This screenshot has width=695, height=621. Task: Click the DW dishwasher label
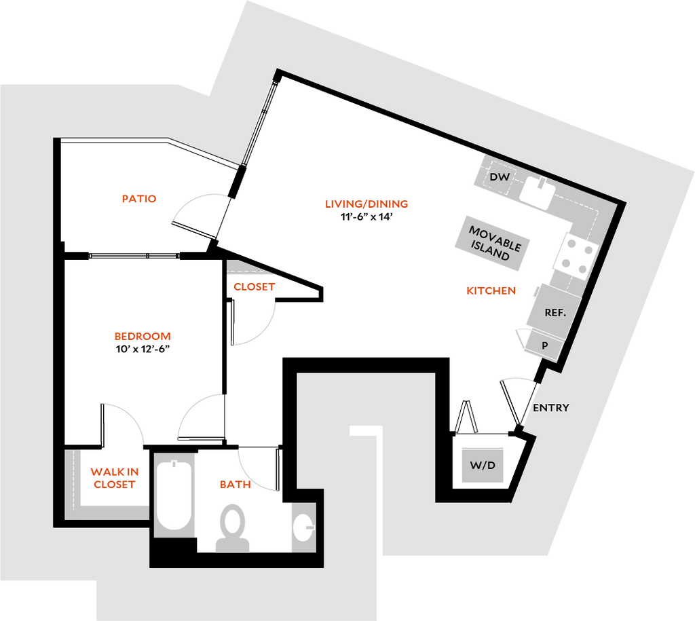(x=500, y=178)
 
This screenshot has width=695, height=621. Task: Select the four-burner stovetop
(x=576, y=256)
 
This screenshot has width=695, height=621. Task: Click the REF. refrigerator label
(x=555, y=313)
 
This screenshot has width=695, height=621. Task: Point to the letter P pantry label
(x=545, y=345)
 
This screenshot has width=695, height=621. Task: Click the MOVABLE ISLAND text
(x=495, y=243)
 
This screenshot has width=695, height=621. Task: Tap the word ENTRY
(x=550, y=408)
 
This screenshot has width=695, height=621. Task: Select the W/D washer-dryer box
(x=483, y=466)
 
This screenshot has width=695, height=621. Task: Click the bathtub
(x=175, y=494)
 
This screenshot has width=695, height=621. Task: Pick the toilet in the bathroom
(x=233, y=527)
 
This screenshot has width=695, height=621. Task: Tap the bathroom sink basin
(x=303, y=527)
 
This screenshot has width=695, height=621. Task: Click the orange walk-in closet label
(x=114, y=478)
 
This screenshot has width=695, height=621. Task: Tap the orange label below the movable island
(x=491, y=290)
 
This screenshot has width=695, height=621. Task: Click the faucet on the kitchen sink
(x=544, y=181)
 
